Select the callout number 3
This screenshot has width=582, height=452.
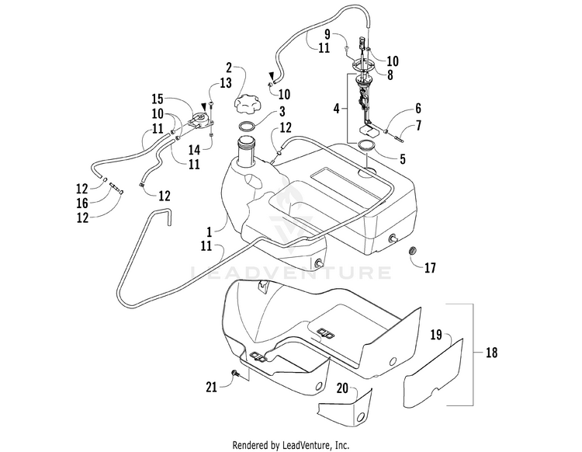[261, 111]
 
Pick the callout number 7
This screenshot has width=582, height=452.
[417, 108]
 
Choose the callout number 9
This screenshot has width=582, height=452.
[417, 126]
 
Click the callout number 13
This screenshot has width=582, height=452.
[224, 83]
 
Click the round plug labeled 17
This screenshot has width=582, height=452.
[413, 251]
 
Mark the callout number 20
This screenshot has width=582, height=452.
[340, 387]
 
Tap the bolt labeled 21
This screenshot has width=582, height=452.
[234, 375]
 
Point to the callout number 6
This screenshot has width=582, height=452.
[417, 108]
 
